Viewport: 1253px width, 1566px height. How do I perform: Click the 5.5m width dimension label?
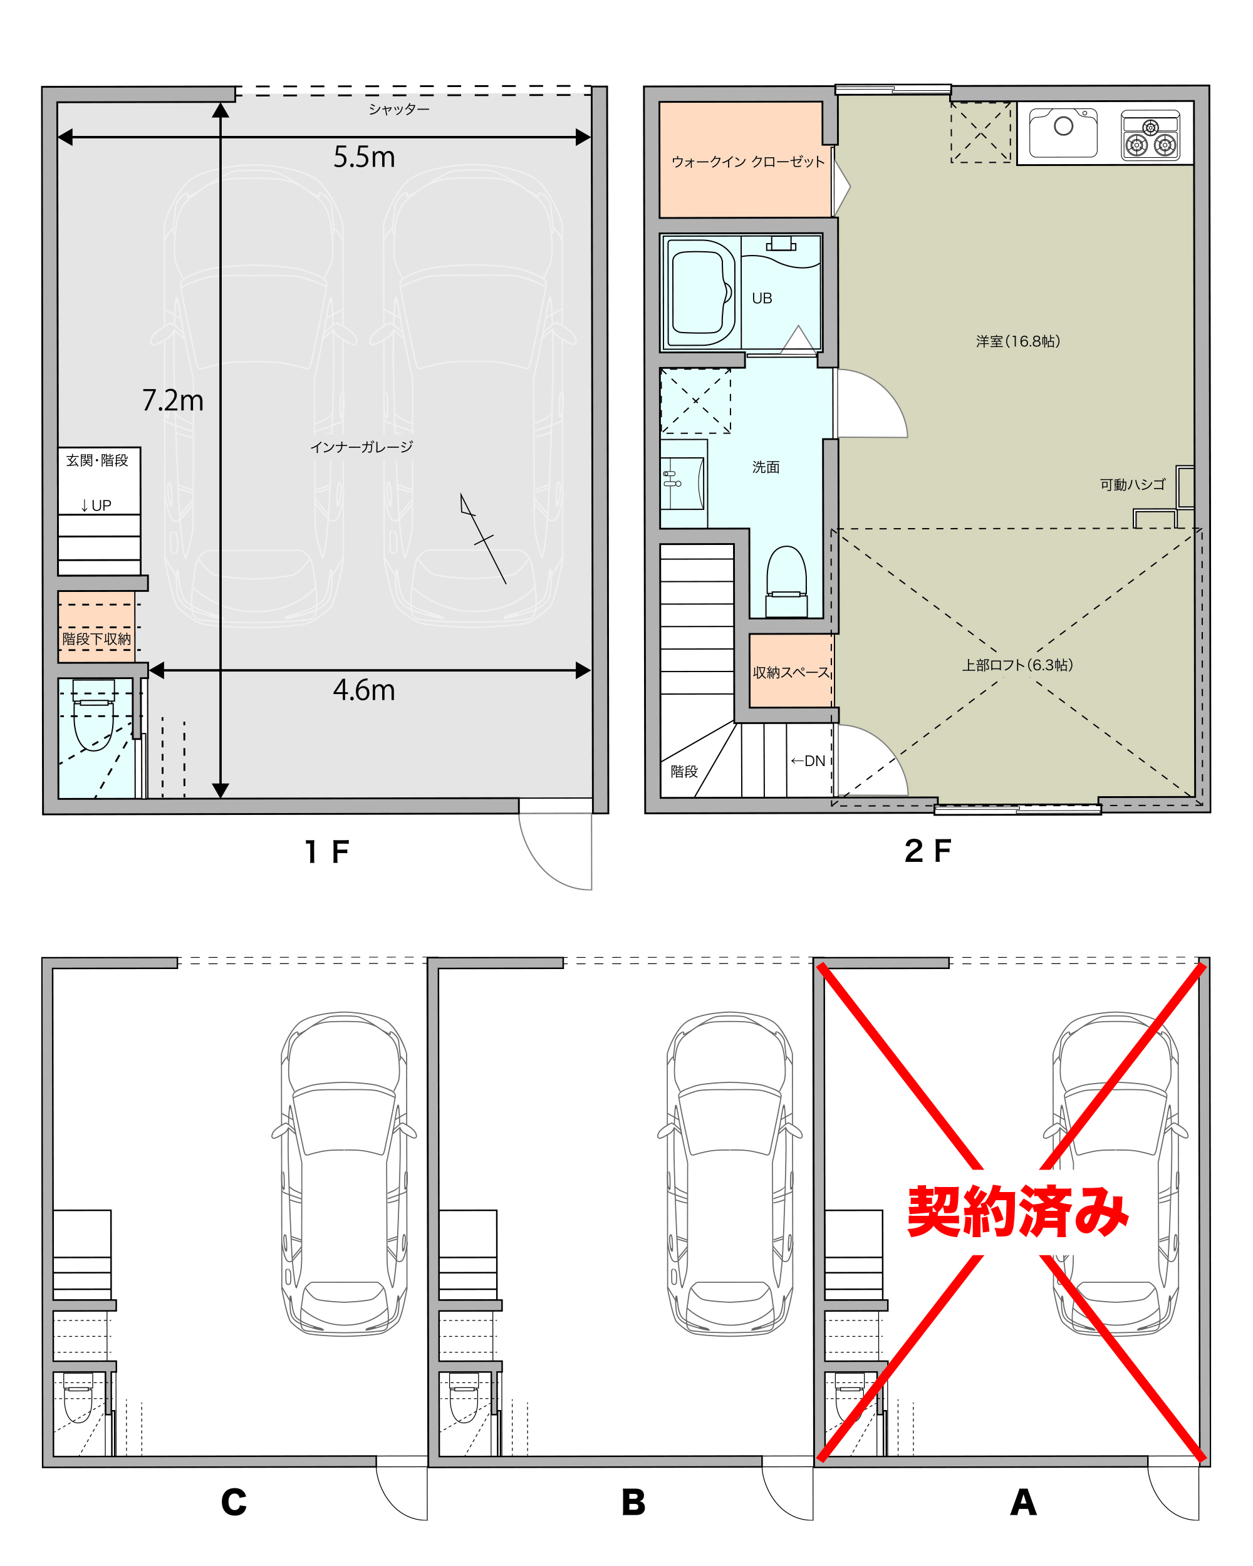pyautogui.click(x=364, y=157)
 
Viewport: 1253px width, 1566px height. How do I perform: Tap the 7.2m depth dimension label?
pyautogui.click(x=173, y=400)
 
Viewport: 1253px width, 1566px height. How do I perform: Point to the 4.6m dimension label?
pyautogui.click(x=364, y=690)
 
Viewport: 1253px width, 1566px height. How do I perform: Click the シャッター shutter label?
pyautogui.click(x=399, y=109)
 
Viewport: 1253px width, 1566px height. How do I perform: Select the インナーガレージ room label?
pyautogui.click(x=361, y=447)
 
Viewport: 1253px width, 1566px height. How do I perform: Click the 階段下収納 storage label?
pyautogui.click(x=96, y=638)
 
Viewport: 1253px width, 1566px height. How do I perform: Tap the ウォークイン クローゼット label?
pyautogui.click(x=748, y=161)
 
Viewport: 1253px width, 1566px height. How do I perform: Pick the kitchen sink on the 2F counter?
pyautogui.click(x=1063, y=132)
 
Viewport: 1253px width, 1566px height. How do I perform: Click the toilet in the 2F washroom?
pyautogui.click(x=787, y=582)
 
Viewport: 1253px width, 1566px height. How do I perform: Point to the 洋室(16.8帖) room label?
pyautogui.click(x=1017, y=341)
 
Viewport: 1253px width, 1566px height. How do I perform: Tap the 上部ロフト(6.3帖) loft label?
pyautogui.click(x=1017, y=665)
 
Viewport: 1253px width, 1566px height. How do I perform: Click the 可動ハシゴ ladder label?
pyautogui.click(x=1133, y=484)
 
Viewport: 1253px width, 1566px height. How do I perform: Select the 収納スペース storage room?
pyautogui.click(x=791, y=671)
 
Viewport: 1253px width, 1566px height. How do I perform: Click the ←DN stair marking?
pyautogui.click(x=808, y=760)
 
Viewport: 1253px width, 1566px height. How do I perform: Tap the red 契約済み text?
pyautogui.click(x=1017, y=1211)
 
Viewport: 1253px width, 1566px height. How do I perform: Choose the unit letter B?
pyautogui.click(x=633, y=1502)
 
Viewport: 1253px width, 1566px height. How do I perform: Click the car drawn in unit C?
pyautogui.click(x=343, y=1174)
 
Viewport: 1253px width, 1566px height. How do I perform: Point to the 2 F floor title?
pyautogui.click(x=928, y=851)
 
